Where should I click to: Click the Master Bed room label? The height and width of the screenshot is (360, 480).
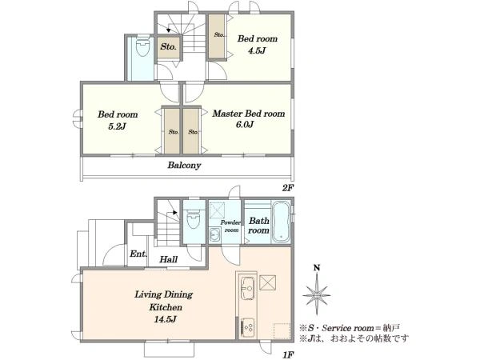[x=249, y=114]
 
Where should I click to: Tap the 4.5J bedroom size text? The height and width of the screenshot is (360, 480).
[x=257, y=50]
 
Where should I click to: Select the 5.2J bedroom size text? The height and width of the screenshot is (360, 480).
[x=118, y=126]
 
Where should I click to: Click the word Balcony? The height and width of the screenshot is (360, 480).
[x=184, y=166]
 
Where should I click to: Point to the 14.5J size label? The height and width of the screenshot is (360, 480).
[x=165, y=319]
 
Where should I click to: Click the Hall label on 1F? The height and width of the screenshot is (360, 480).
[x=168, y=259]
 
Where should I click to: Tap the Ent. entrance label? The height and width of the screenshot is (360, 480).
[x=138, y=254]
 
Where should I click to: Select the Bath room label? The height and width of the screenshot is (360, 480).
[x=258, y=226]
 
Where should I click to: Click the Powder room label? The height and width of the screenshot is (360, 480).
[x=230, y=226]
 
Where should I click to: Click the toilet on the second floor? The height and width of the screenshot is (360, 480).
[x=142, y=46]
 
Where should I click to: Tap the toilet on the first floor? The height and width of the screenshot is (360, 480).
[x=194, y=219]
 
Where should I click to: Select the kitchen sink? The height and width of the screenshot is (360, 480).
[x=248, y=288]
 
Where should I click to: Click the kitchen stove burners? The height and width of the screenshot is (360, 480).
[x=248, y=327]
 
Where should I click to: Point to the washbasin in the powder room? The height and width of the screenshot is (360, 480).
[x=214, y=235]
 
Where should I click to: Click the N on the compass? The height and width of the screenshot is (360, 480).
[x=317, y=268]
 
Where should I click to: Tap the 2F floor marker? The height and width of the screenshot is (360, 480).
[x=288, y=188]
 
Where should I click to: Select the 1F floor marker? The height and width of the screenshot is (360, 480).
[x=288, y=355]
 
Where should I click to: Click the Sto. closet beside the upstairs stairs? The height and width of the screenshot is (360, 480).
[x=168, y=47]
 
